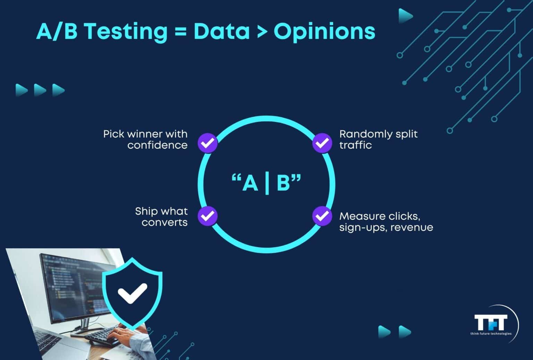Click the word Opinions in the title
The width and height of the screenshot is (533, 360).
point(324,32)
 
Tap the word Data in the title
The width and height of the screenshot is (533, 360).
point(222,31)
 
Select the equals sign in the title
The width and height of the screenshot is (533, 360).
point(180,32)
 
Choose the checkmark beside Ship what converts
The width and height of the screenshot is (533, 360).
point(208,216)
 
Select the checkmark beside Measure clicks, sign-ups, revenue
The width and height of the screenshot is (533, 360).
point(322,216)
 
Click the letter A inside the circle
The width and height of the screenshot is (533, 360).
point(250,183)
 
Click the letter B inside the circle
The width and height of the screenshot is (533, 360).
point(283,183)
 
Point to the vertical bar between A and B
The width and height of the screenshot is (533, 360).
point(267,183)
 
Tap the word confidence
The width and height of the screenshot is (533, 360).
point(157,145)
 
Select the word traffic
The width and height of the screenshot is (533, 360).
point(355,145)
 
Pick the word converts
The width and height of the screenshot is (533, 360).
point(164,223)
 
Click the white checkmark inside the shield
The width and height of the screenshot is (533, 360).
point(132,292)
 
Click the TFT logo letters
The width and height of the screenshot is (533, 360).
point(491,323)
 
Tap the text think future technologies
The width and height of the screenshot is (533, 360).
point(491,334)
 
